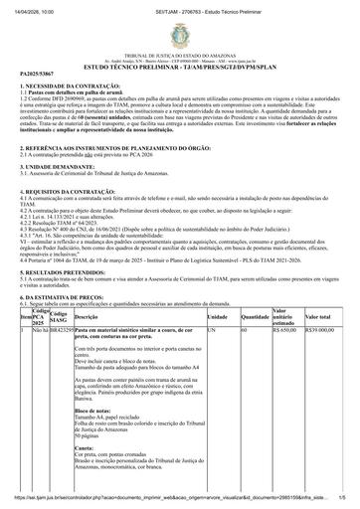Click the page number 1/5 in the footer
[341, 503]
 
